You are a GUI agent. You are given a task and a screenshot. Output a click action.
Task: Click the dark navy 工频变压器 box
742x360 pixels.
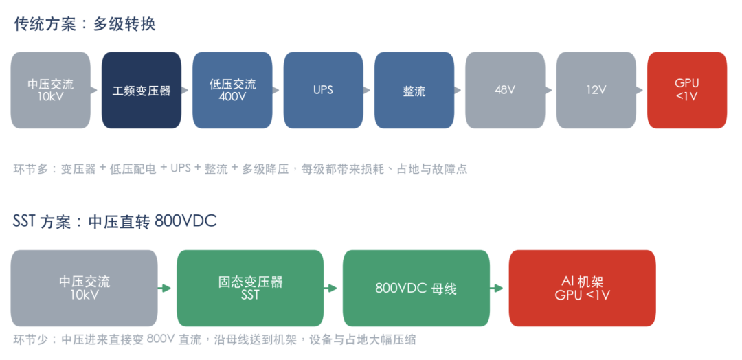pyautogui.click(x=142, y=90)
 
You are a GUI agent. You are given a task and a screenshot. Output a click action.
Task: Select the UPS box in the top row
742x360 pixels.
pyautogui.click(x=323, y=90)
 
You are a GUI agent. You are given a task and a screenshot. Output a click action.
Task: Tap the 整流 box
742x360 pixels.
pyautogui.click(x=414, y=90)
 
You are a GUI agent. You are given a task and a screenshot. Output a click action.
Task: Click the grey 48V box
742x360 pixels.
pyautogui.click(x=505, y=90)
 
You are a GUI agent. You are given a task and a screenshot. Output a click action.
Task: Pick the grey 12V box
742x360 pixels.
pyautogui.click(x=596, y=90)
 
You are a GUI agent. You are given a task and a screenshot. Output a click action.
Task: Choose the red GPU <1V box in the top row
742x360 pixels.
pyautogui.click(x=687, y=90)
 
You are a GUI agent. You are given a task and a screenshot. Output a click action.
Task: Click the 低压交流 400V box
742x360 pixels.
pyautogui.click(x=232, y=90)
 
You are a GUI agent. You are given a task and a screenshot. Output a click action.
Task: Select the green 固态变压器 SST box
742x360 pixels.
pyautogui.click(x=250, y=288)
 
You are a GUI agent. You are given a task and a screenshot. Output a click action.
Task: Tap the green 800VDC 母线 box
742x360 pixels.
pyautogui.click(x=416, y=288)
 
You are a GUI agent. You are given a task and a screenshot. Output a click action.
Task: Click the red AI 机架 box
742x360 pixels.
pyautogui.click(x=583, y=288)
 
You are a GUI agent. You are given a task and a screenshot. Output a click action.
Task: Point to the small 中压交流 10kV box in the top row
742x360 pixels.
pyautogui.click(x=50, y=90)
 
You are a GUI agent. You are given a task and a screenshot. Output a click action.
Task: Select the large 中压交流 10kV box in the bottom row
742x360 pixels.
pyautogui.click(x=85, y=288)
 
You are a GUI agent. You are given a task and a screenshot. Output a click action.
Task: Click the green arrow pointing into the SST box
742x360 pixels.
pyautogui.click(x=164, y=288)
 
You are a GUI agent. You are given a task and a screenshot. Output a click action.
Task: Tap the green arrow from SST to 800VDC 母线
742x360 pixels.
pyautogui.click(x=330, y=288)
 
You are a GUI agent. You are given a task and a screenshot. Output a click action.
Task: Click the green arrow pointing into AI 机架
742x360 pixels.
pyautogui.click(x=497, y=288)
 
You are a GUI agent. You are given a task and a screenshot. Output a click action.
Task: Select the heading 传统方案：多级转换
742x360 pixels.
pyautogui.click(x=85, y=24)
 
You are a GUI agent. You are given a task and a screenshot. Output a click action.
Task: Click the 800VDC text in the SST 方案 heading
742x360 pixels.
pyautogui.click(x=185, y=221)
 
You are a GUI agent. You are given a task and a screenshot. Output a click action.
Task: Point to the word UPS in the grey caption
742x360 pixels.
pyautogui.click(x=181, y=169)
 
